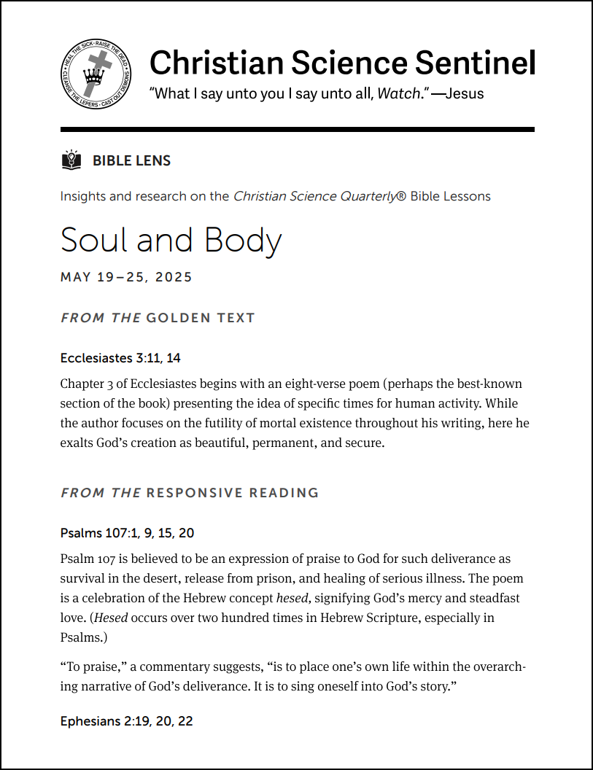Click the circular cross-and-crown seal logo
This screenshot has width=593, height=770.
96,74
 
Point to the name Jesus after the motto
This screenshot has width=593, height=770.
464,93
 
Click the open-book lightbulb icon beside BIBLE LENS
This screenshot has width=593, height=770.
71,160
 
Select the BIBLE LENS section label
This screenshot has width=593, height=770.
131,161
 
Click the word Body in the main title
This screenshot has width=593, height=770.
233,241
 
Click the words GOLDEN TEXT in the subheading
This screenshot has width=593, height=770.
201,318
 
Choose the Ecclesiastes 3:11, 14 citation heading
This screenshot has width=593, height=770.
120,358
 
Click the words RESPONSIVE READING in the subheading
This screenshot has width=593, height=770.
233,493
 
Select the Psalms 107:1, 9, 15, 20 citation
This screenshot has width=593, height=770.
127,533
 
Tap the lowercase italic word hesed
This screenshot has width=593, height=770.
292,599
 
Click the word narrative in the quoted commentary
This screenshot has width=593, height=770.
88,687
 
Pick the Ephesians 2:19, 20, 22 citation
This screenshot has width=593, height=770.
126,722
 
